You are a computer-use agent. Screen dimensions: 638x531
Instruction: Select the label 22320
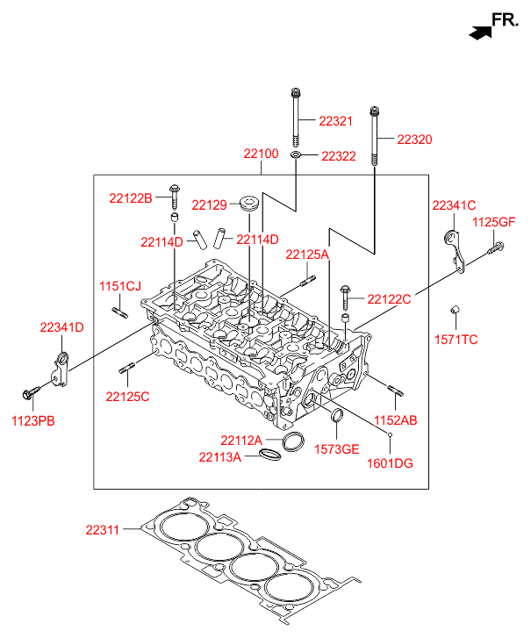click(x=413, y=140)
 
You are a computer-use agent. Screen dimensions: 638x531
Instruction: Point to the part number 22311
click(x=104, y=529)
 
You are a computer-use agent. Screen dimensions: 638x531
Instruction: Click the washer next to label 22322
click(x=297, y=155)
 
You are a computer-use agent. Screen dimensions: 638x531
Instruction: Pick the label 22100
click(x=262, y=154)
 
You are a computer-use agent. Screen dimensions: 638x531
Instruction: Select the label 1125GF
click(x=493, y=223)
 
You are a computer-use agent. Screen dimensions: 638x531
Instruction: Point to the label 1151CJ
click(x=119, y=287)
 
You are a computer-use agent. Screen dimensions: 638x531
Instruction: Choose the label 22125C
click(x=127, y=397)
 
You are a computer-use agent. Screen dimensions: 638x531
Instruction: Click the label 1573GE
click(x=337, y=448)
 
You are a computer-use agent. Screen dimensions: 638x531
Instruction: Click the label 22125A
click(x=306, y=254)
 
